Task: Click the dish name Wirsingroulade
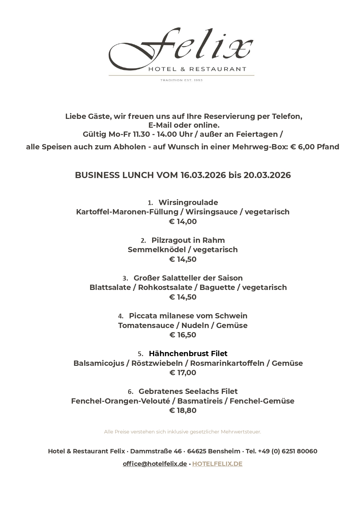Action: coord(188,202)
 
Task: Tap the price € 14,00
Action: coord(183,221)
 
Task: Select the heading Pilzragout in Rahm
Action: coord(188,240)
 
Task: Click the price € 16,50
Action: coord(183,335)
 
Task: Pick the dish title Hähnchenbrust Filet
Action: coord(188,354)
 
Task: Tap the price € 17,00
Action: coord(183,373)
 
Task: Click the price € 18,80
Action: coord(183,410)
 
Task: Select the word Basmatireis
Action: coord(200,401)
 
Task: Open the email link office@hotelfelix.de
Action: coord(155,464)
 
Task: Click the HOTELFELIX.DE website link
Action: coord(217,464)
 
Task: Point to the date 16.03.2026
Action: coord(203,175)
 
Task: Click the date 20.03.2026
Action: coord(267,175)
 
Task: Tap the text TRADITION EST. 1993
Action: coord(181,80)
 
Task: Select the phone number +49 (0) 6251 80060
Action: coord(288,451)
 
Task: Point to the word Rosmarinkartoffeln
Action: coord(227,363)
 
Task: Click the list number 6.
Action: coord(130,392)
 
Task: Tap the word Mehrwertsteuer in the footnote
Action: coord(241,432)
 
